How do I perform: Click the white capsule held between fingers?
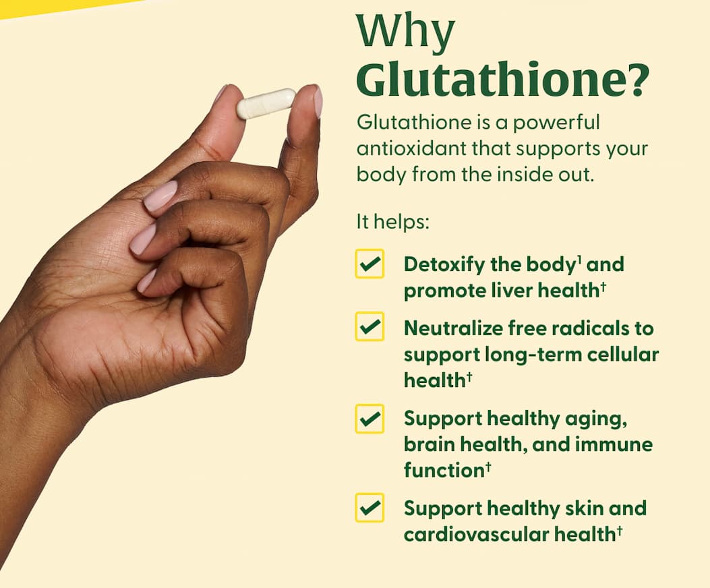point(266,104)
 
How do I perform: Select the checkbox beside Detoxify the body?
point(369,264)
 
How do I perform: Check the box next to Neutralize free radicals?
point(369,328)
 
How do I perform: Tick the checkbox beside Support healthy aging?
point(369,419)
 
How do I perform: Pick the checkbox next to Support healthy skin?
point(369,508)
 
